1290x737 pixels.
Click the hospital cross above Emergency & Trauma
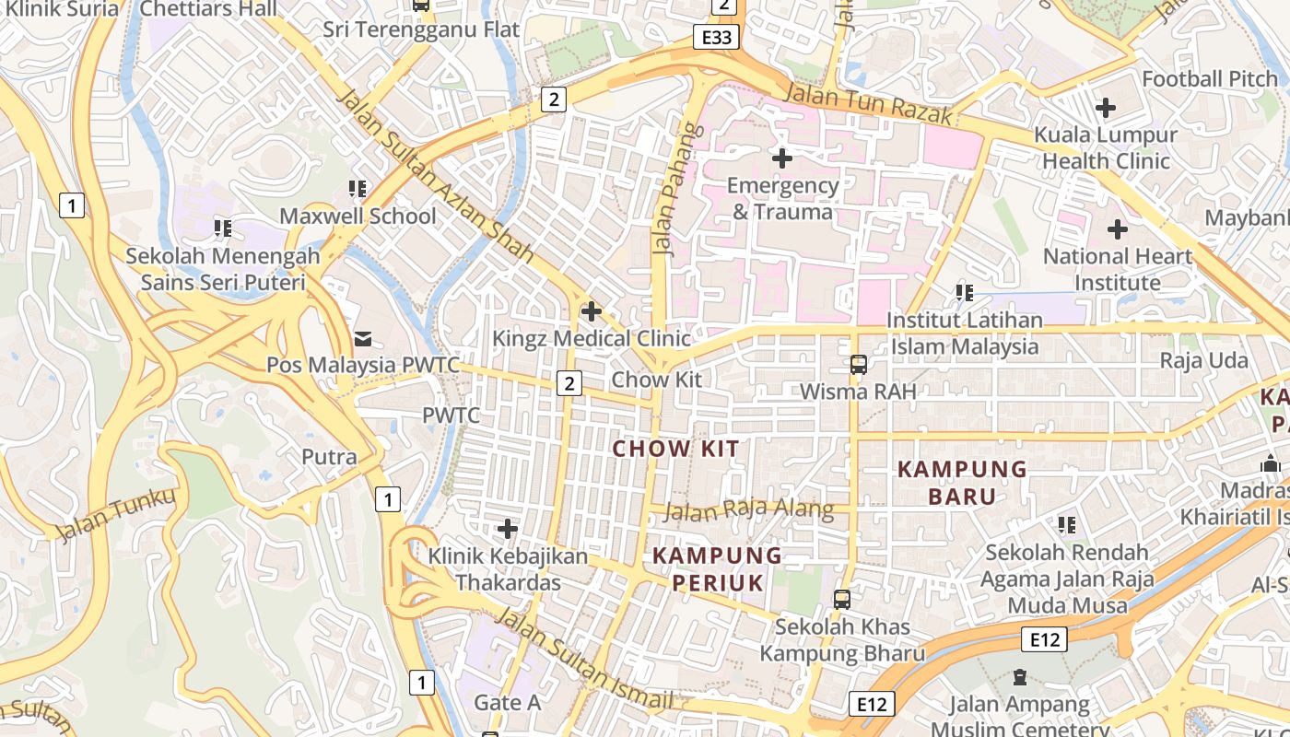(x=781, y=158)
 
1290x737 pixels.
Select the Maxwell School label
(x=358, y=216)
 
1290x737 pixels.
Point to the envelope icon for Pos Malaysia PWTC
(x=362, y=339)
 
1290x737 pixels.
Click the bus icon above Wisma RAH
(x=858, y=365)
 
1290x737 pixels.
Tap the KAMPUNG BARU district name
(x=962, y=483)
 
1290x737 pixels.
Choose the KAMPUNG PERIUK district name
(x=717, y=569)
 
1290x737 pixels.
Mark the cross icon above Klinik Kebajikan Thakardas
(x=507, y=530)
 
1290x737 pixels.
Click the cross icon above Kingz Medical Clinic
(x=591, y=311)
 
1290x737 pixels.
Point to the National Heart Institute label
(x=1117, y=269)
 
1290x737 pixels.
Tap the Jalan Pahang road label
(x=671, y=188)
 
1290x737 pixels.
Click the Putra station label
(x=329, y=457)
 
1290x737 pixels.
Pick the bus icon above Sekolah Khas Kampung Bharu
(x=841, y=600)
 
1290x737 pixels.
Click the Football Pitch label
(x=1210, y=79)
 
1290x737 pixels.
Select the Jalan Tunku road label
(x=115, y=515)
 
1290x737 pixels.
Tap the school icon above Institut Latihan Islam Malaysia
(x=964, y=293)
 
